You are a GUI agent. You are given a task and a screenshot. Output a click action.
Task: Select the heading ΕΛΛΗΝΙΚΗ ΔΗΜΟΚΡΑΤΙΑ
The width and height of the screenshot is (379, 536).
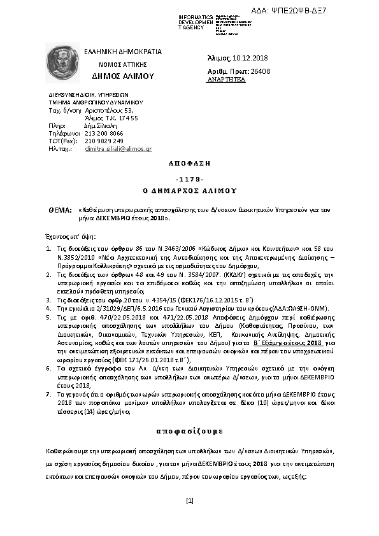click(124, 52)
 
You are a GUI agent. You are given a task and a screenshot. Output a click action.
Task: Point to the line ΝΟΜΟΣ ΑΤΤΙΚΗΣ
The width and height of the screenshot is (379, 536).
click(123, 64)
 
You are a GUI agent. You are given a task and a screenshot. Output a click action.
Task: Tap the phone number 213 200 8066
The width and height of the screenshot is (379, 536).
click(103, 133)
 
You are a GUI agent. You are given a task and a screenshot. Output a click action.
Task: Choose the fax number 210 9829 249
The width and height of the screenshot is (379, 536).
click(103, 141)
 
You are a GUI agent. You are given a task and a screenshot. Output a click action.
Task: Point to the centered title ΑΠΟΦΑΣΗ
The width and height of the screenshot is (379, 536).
click(189, 164)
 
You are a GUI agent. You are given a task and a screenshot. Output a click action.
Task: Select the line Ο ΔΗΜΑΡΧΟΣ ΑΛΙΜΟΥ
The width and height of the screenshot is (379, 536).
click(189, 190)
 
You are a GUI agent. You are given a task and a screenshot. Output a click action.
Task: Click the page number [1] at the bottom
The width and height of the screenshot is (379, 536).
click(189, 501)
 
